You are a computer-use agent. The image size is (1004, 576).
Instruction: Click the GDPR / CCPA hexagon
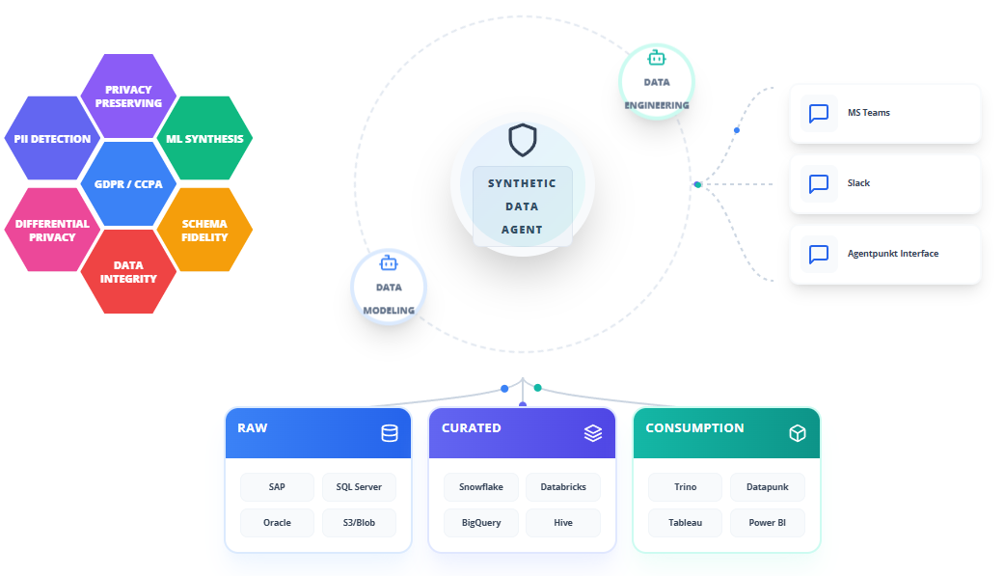128,184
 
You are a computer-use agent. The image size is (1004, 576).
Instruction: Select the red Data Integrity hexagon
128,272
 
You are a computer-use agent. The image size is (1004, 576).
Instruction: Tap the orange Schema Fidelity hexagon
204,230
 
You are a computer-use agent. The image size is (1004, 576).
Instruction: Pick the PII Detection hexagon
52,138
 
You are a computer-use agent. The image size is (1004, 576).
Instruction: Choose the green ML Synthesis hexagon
204,138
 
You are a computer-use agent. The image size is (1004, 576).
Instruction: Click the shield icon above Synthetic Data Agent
523,140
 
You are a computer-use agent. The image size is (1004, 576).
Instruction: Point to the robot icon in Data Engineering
657,58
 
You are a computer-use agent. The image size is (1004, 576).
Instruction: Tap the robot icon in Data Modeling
389,263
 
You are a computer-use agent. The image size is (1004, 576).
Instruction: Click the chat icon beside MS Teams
819,114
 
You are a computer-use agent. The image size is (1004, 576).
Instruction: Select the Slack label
858,183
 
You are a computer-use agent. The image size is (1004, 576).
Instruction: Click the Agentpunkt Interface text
893,254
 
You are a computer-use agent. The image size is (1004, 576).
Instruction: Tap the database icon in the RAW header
390,433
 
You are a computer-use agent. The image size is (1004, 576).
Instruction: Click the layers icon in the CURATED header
593,433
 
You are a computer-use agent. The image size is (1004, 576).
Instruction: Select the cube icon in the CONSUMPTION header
798,433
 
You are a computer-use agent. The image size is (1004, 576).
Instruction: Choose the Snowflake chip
481,487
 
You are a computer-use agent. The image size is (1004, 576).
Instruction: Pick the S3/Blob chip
359,523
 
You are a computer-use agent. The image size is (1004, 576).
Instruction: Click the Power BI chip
767,523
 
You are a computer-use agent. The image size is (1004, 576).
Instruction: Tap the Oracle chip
277,523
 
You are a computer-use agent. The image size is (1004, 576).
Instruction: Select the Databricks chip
563,487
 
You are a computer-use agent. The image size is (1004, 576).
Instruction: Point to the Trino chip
685,487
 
